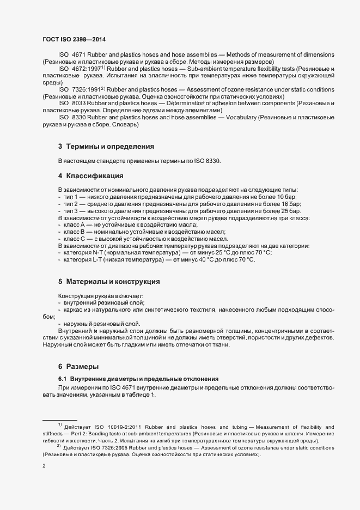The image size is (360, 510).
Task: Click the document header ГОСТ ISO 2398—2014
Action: pos(74,40)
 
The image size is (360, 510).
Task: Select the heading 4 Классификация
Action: pos(90,176)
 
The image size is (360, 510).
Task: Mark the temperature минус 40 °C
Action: pos(202,260)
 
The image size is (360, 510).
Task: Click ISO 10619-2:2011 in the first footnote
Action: pos(126,427)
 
